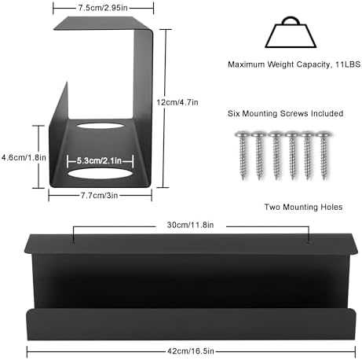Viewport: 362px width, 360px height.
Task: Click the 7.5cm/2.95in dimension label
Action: pyautogui.click(x=103, y=8)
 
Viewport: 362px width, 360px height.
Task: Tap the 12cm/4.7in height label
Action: pyautogui.click(x=177, y=102)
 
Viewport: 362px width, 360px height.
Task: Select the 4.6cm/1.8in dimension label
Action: pyautogui.click(x=24, y=157)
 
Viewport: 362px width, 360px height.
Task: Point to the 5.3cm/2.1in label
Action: pyautogui.click(x=99, y=160)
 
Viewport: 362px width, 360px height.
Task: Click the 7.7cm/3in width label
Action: pyautogui.click(x=99, y=196)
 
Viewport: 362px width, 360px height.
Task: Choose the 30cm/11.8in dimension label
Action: pyautogui.click(x=190, y=225)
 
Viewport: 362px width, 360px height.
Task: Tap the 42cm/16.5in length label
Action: pyautogui.click(x=191, y=351)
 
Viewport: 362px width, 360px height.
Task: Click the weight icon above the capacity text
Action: pyautogui.click(x=291, y=32)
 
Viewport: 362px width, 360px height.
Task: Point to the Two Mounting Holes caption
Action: pyautogui.click(x=303, y=207)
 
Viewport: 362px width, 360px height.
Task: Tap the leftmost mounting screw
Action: pyautogui.click(x=243, y=155)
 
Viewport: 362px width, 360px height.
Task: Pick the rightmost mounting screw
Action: pyautogui.click(x=324, y=155)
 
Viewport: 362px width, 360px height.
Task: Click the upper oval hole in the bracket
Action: pyautogui.click(x=100, y=126)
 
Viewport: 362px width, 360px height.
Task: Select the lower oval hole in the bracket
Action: pyautogui.click(x=100, y=174)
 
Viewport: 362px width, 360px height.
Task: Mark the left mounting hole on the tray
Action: pyautogui.click(x=74, y=242)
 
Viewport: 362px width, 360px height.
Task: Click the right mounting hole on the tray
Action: pyautogui.click(x=309, y=241)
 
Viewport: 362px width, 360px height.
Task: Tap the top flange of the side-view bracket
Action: pyautogui.click(x=101, y=23)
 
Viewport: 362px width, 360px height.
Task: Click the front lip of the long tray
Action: pyautogui.click(x=191, y=325)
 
